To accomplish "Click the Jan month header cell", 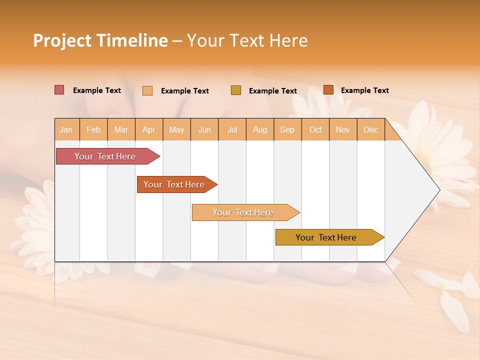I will (x=66, y=129).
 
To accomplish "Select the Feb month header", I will (x=93, y=129).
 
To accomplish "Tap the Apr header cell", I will (x=149, y=129).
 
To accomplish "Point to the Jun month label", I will (x=204, y=129).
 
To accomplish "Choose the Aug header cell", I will (x=260, y=129).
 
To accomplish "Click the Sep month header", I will (x=287, y=129).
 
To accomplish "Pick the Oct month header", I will (x=315, y=129).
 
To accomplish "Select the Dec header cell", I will (x=371, y=129).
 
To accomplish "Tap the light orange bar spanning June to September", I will (x=243, y=212).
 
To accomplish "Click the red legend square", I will (x=59, y=90).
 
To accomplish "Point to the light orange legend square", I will (x=147, y=90).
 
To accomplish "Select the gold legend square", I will (x=236, y=90).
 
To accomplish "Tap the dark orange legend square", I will (x=328, y=90).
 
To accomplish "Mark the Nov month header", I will (x=343, y=129).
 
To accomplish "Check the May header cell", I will (x=176, y=129).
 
